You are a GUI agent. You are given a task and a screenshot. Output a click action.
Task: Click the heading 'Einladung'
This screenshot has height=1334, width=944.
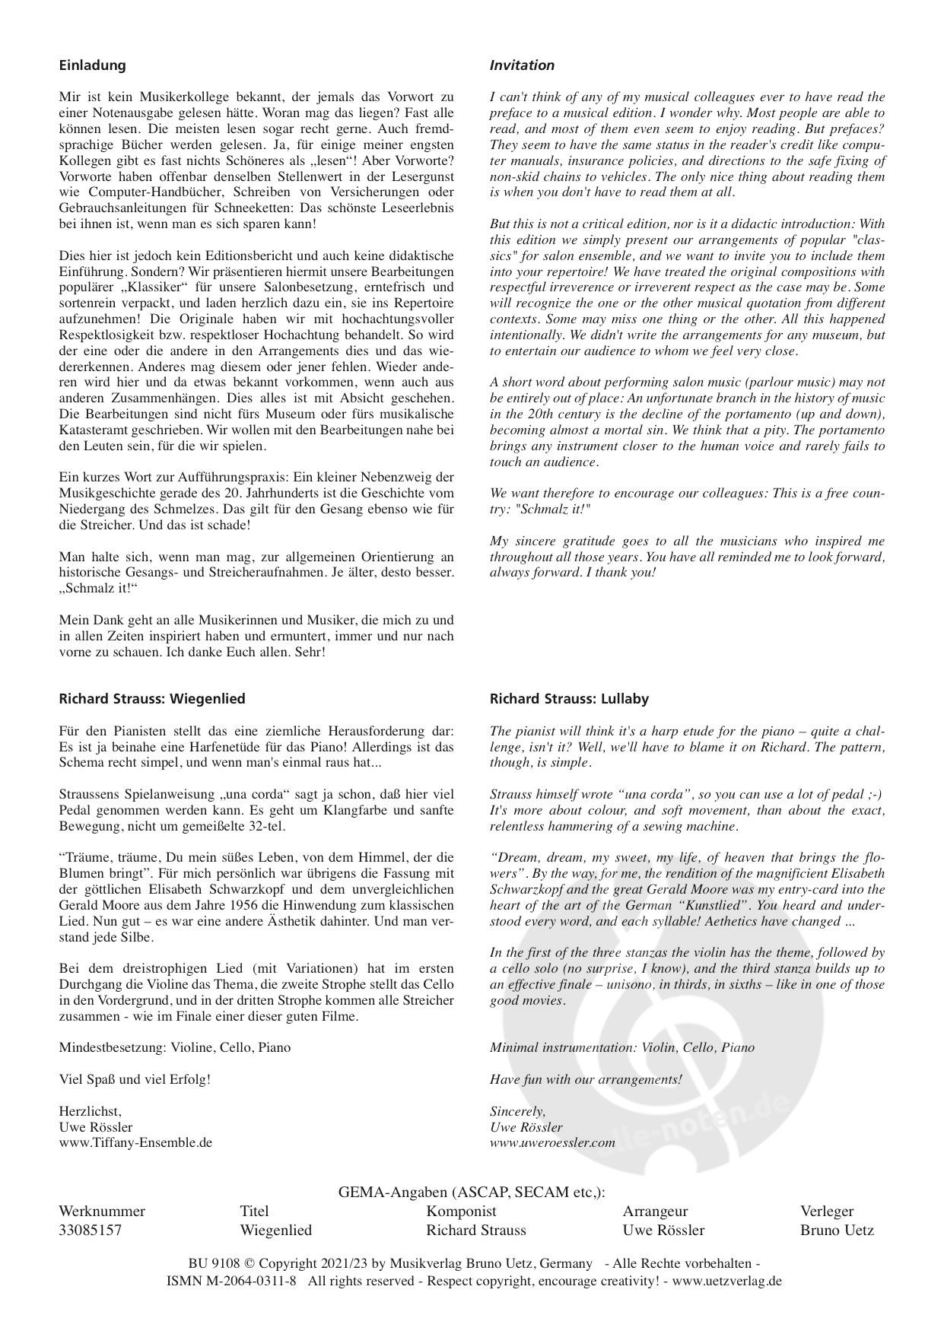click(92, 65)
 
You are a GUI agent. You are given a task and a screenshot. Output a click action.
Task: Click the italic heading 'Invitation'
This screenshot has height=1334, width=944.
click(522, 65)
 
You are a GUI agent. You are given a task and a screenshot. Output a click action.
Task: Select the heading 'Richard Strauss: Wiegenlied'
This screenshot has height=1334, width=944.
click(152, 698)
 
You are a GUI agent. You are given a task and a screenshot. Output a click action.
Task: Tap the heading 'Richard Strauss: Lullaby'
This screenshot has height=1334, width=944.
click(569, 698)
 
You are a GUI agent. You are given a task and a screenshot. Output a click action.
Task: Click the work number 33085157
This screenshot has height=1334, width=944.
click(90, 1230)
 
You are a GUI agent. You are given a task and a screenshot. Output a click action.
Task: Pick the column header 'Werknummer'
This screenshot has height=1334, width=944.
click(101, 1212)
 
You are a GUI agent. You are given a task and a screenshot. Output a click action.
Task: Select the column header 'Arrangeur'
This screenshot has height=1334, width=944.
click(655, 1212)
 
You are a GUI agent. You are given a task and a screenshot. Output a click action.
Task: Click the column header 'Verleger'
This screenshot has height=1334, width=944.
click(827, 1212)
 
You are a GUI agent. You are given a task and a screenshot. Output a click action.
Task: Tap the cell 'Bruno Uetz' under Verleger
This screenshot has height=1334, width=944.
click(837, 1230)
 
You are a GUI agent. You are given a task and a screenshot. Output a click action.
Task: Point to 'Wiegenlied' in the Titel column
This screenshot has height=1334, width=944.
click(276, 1230)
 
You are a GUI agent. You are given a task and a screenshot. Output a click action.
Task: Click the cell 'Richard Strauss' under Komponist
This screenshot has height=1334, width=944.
click(476, 1230)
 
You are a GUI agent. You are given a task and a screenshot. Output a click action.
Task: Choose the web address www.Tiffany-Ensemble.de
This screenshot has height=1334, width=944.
click(135, 1142)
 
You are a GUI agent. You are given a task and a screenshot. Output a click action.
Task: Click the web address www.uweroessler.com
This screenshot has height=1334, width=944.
click(552, 1142)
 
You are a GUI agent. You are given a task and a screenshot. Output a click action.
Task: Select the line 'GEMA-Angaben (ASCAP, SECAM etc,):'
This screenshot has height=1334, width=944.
click(472, 1193)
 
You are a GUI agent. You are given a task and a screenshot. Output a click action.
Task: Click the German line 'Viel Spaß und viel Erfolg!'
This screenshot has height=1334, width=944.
click(135, 1079)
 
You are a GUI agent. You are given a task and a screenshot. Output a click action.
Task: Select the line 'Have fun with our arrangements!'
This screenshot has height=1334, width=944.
click(586, 1079)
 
